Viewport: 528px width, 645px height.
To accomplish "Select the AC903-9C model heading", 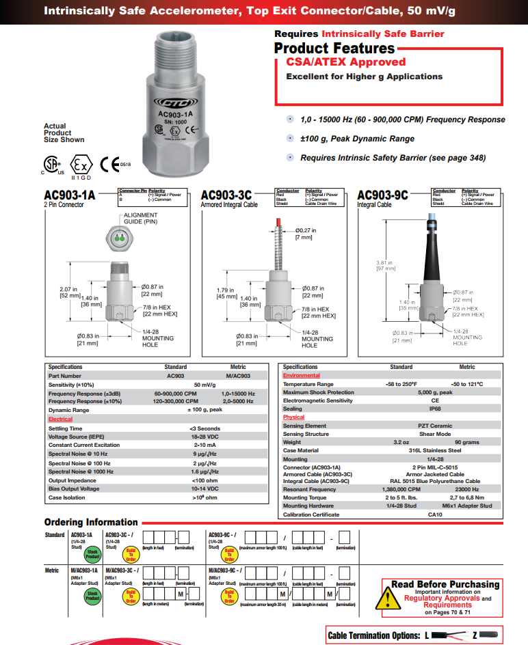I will click(382, 195).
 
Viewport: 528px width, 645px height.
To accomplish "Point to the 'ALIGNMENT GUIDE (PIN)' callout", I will click(140, 218).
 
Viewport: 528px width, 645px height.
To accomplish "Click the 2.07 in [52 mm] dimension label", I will click(69, 292).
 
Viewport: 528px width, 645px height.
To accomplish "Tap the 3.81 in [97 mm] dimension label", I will click(386, 265).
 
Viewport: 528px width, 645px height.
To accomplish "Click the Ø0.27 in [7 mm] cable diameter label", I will click(305, 233).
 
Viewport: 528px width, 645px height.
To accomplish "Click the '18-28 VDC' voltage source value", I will click(204, 437).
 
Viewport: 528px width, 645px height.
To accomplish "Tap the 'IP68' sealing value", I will click(434, 409).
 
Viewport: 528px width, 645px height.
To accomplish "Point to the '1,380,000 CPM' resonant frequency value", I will click(401, 489).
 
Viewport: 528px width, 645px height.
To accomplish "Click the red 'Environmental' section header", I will click(302, 376).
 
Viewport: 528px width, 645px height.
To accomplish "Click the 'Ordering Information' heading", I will click(91, 523).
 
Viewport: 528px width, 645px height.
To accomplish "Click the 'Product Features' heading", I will click(334, 48).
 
